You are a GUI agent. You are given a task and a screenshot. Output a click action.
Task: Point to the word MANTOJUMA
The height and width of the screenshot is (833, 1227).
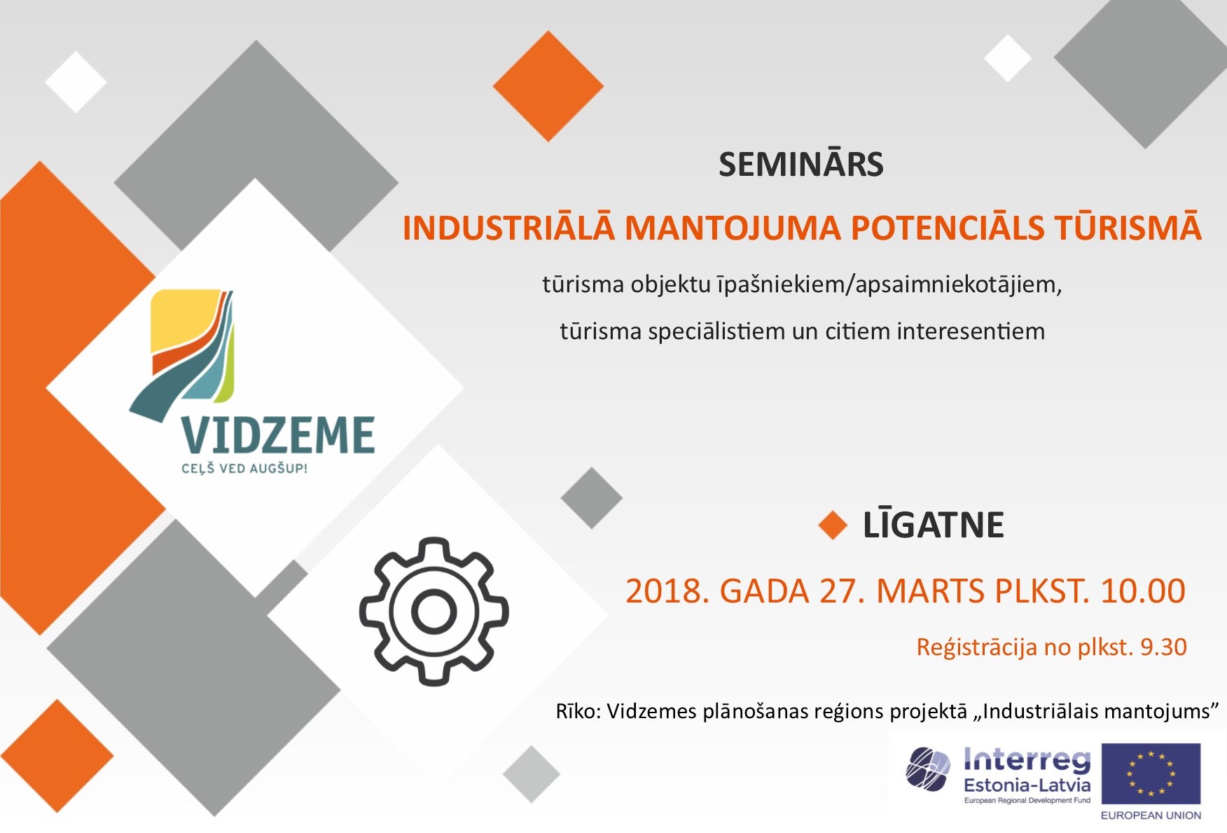pyautogui.click(x=733, y=228)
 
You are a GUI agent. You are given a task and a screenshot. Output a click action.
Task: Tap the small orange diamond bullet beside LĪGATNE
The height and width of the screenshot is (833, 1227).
pyautogui.click(x=833, y=525)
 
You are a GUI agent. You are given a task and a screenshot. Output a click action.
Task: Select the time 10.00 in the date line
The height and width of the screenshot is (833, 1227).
pyautogui.click(x=1143, y=591)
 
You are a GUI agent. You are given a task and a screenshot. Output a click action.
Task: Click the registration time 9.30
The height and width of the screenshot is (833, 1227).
pyautogui.click(x=1163, y=647)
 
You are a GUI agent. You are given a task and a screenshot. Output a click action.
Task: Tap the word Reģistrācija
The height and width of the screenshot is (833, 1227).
pyautogui.click(x=977, y=647)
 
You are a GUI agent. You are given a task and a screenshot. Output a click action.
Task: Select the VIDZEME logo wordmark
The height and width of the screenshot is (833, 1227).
pyautogui.click(x=278, y=435)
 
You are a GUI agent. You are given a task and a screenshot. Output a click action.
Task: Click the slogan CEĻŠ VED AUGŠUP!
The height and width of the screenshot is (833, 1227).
pyautogui.click(x=244, y=468)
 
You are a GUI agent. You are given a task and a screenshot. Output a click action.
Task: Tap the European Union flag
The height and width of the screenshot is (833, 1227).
pyautogui.click(x=1151, y=774)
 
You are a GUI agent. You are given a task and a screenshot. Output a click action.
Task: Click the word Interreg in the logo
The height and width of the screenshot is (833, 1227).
pyautogui.click(x=1027, y=760)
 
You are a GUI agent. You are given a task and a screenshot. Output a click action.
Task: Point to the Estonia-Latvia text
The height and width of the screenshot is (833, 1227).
pyautogui.click(x=1027, y=785)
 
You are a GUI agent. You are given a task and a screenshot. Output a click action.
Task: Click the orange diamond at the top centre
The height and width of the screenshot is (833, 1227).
pyautogui.click(x=548, y=85)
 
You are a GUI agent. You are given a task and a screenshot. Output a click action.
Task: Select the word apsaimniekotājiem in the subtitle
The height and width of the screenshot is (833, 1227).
pyautogui.click(x=959, y=285)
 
